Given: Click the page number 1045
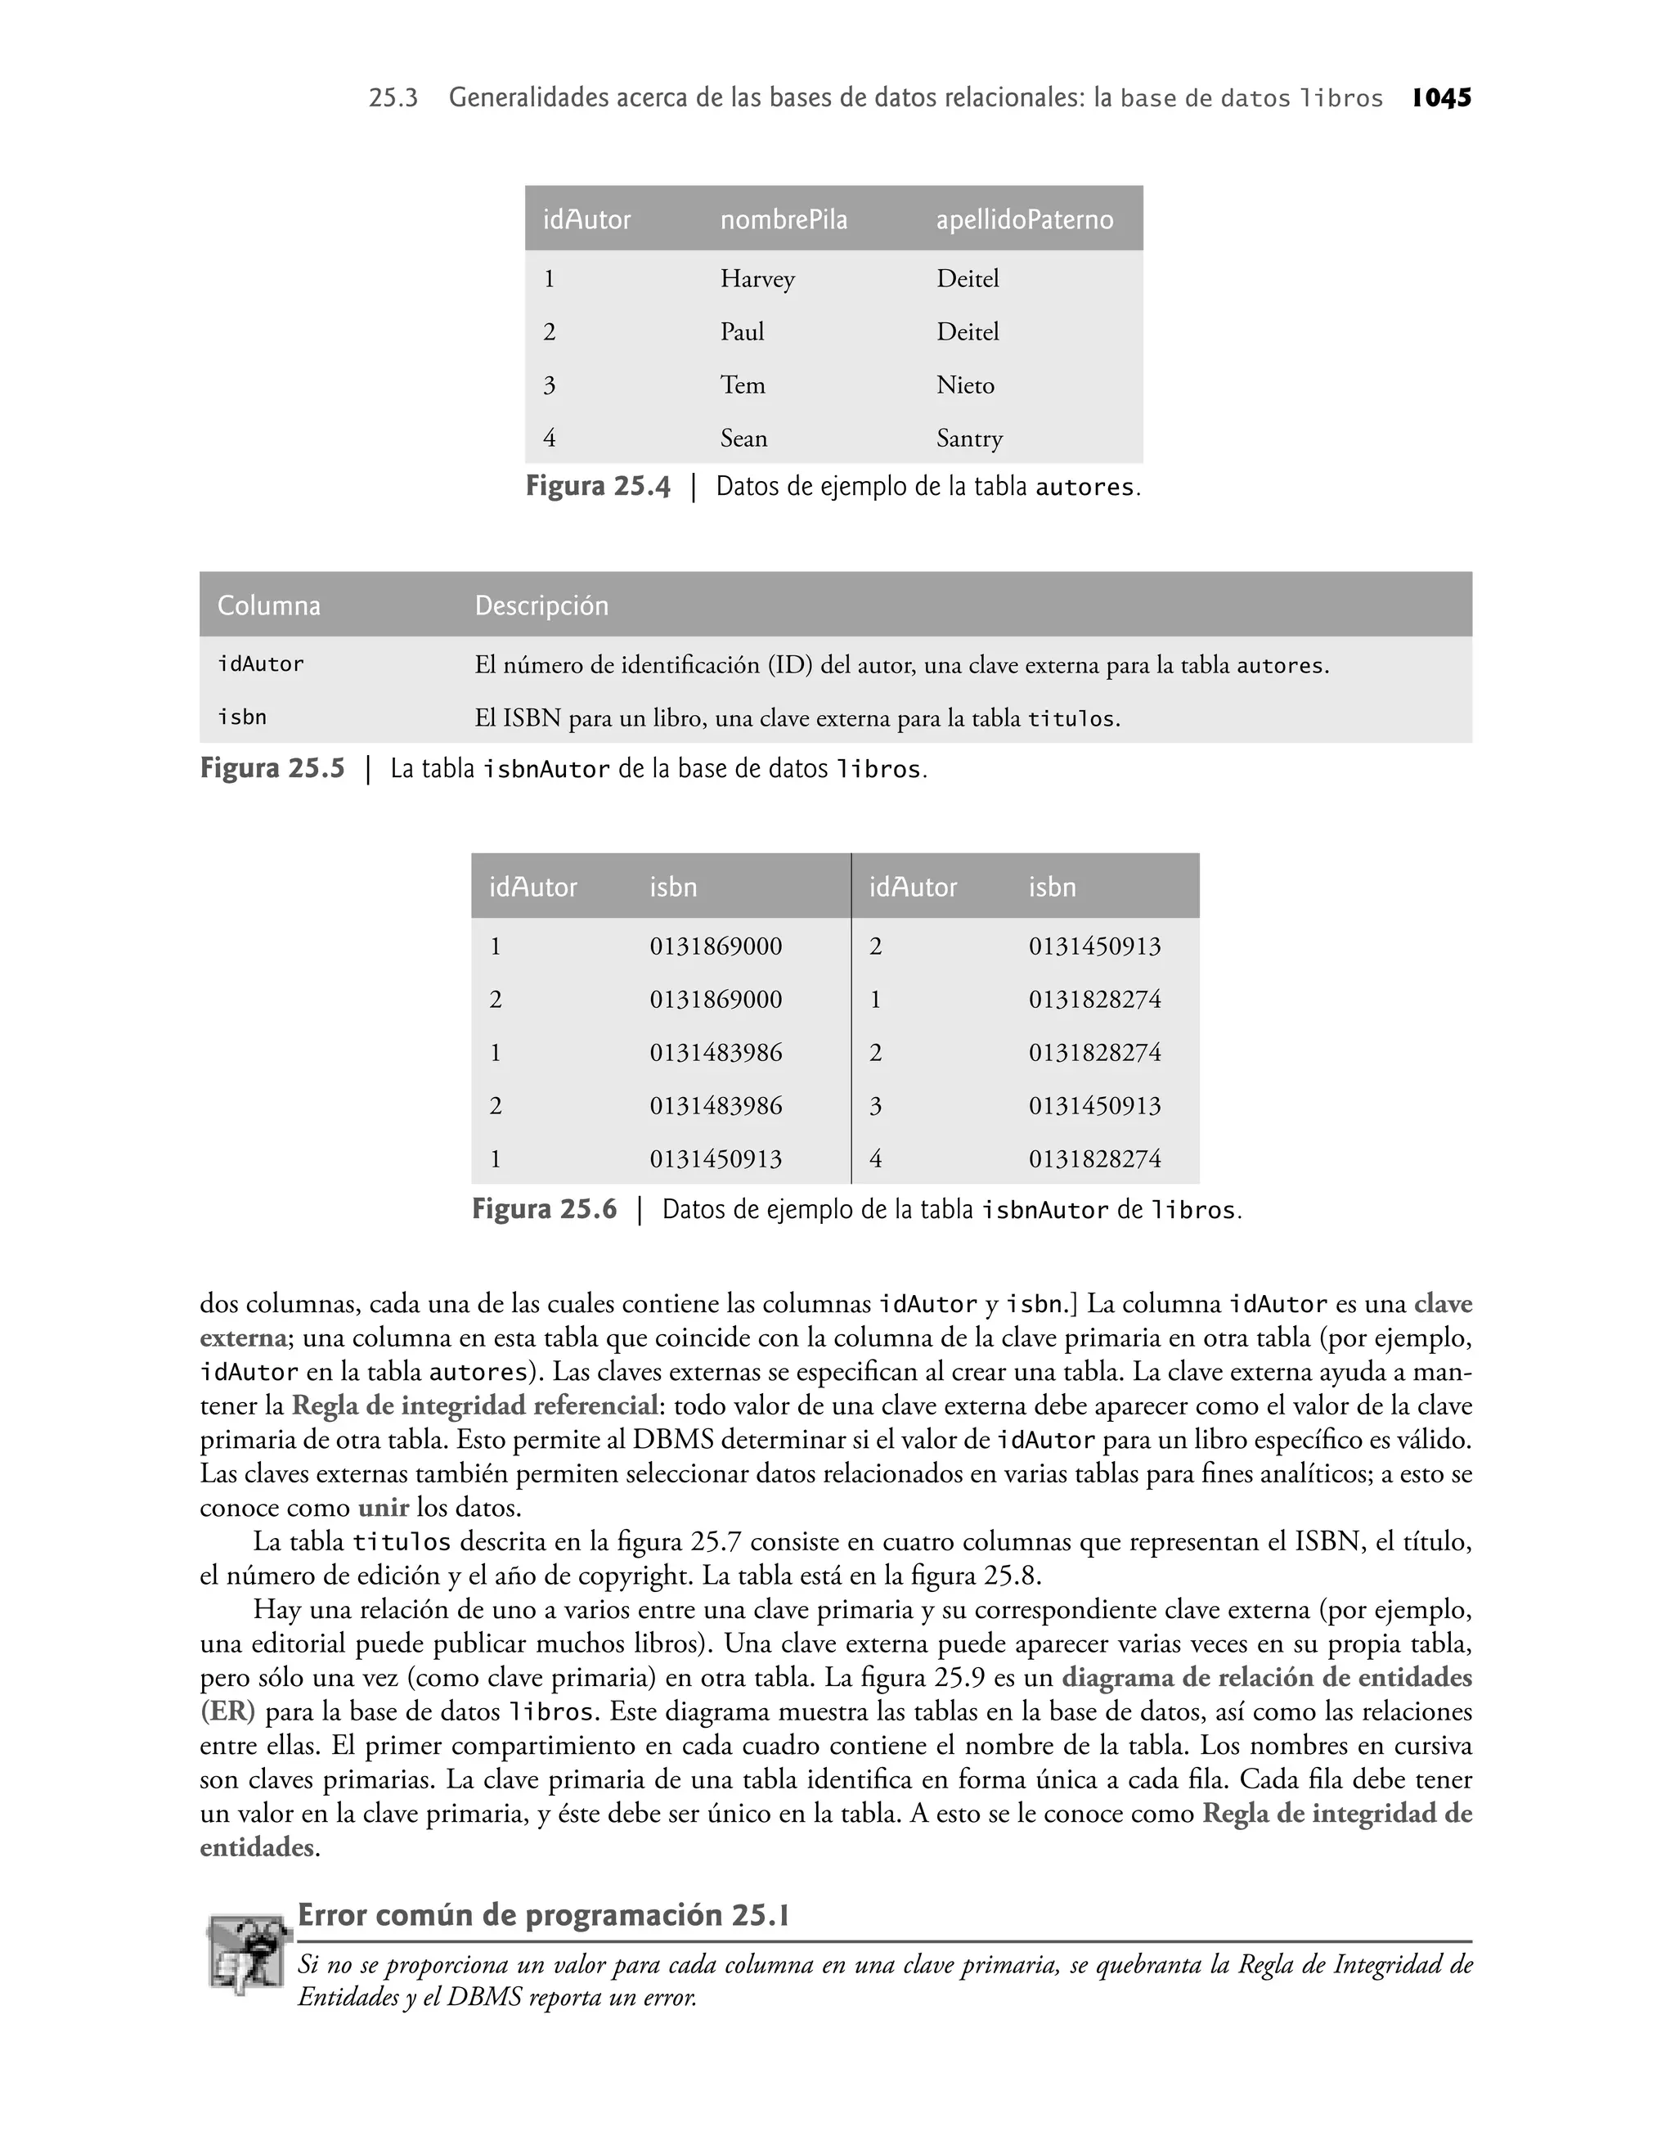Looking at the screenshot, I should [x=1442, y=98].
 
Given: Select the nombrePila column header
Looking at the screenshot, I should [x=784, y=220].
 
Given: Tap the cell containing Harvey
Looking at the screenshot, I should [x=757, y=280].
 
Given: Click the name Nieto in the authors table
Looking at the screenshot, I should [x=965, y=385].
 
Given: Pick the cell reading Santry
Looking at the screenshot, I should [x=969, y=438].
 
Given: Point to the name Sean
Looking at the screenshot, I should [x=743, y=438].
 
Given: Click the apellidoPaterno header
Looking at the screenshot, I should [x=1025, y=220].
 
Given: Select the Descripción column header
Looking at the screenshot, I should [x=541, y=606].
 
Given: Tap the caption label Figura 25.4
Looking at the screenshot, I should [x=598, y=487].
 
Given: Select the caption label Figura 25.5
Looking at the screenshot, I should [x=272, y=769].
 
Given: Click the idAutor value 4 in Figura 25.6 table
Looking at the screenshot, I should [x=876, y=1159].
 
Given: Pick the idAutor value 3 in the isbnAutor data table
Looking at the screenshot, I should [x=876, y=1106].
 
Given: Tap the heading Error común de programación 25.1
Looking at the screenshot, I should [x=543, y=1915].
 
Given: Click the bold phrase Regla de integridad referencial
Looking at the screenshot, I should [x=474, y=1406].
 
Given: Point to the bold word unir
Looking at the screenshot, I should [x=384, y=1508].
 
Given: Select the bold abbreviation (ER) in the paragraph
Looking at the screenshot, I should [x=227, y=1712].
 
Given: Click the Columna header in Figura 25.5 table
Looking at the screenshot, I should [x=269, y=606].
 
